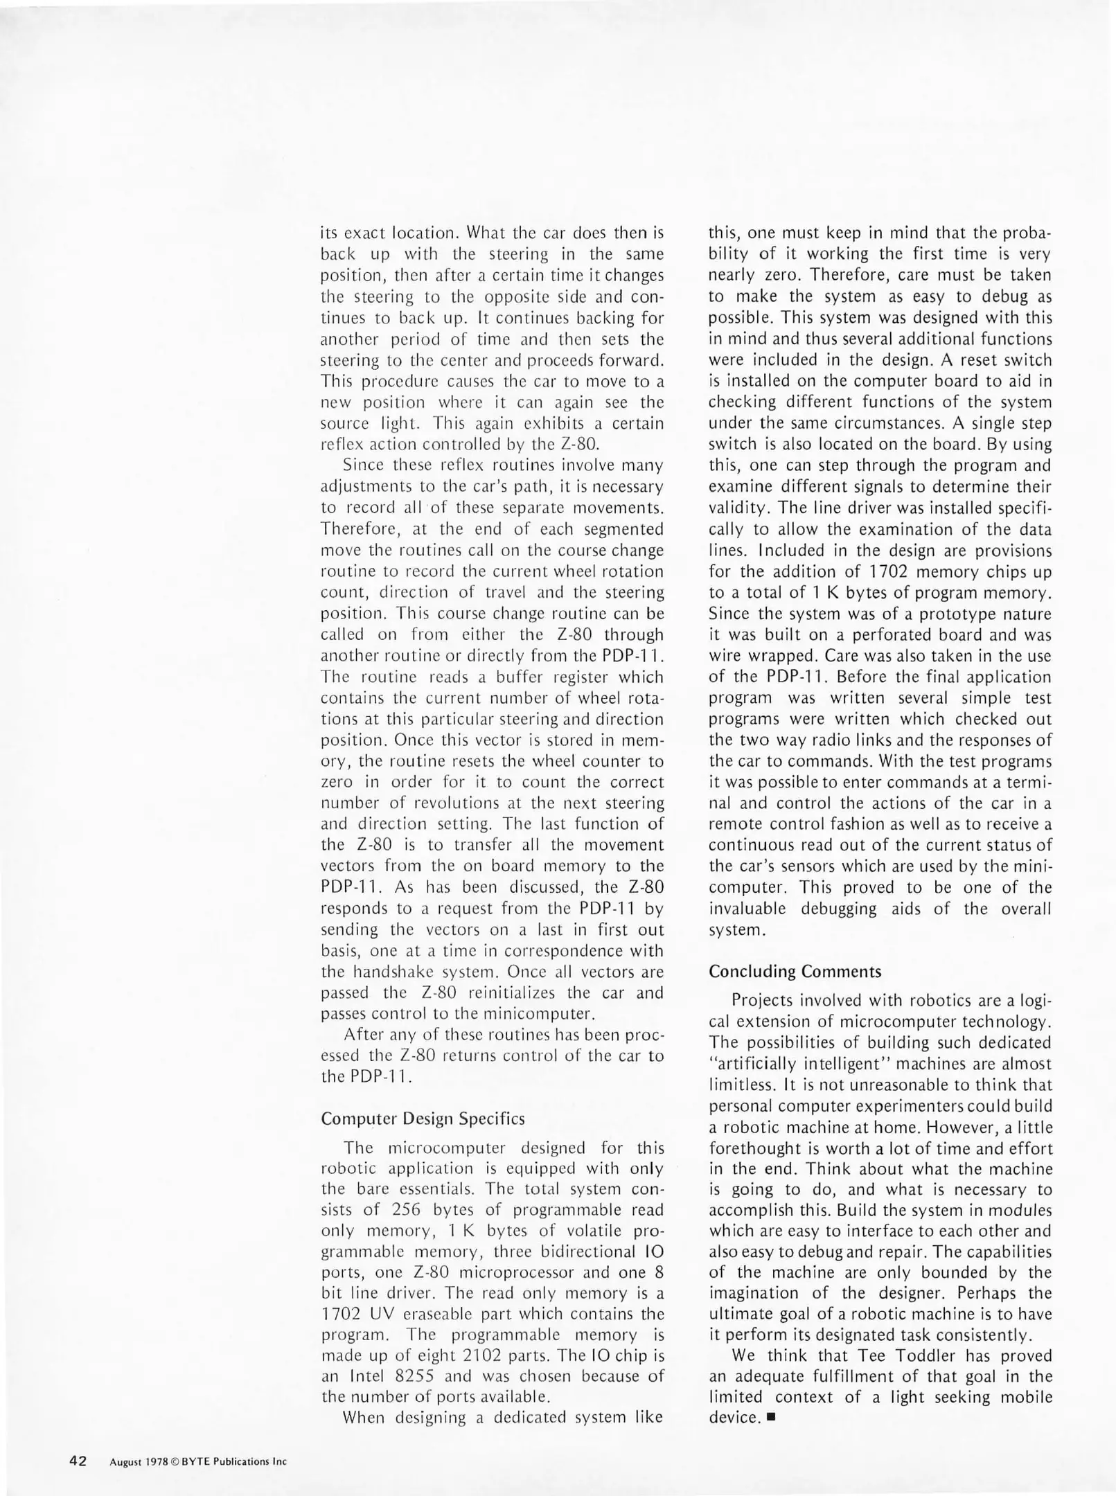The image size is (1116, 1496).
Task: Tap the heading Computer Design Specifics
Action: (423, 1119)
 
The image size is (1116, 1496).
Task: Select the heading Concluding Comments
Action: (795, 971)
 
